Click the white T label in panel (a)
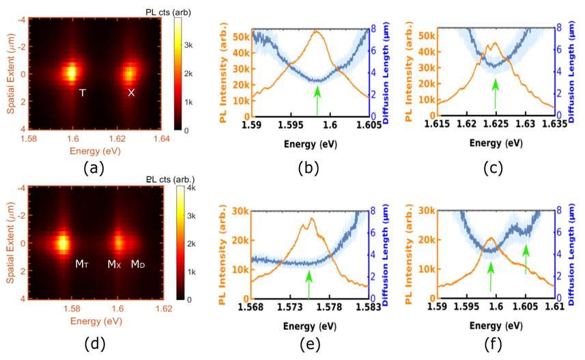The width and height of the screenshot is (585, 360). click(83, 92)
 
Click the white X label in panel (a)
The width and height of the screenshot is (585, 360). click(131, 92)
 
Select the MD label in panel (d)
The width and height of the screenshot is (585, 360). click(137, 264)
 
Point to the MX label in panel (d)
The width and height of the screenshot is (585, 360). click(114, 264)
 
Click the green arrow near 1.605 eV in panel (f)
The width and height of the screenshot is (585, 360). click(526, 260)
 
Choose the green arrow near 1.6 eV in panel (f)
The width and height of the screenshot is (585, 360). click(490, 277)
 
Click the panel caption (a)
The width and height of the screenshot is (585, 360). click(93, 168)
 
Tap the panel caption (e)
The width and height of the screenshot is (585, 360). click(311, 344)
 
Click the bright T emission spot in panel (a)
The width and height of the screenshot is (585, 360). click(70, 71)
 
